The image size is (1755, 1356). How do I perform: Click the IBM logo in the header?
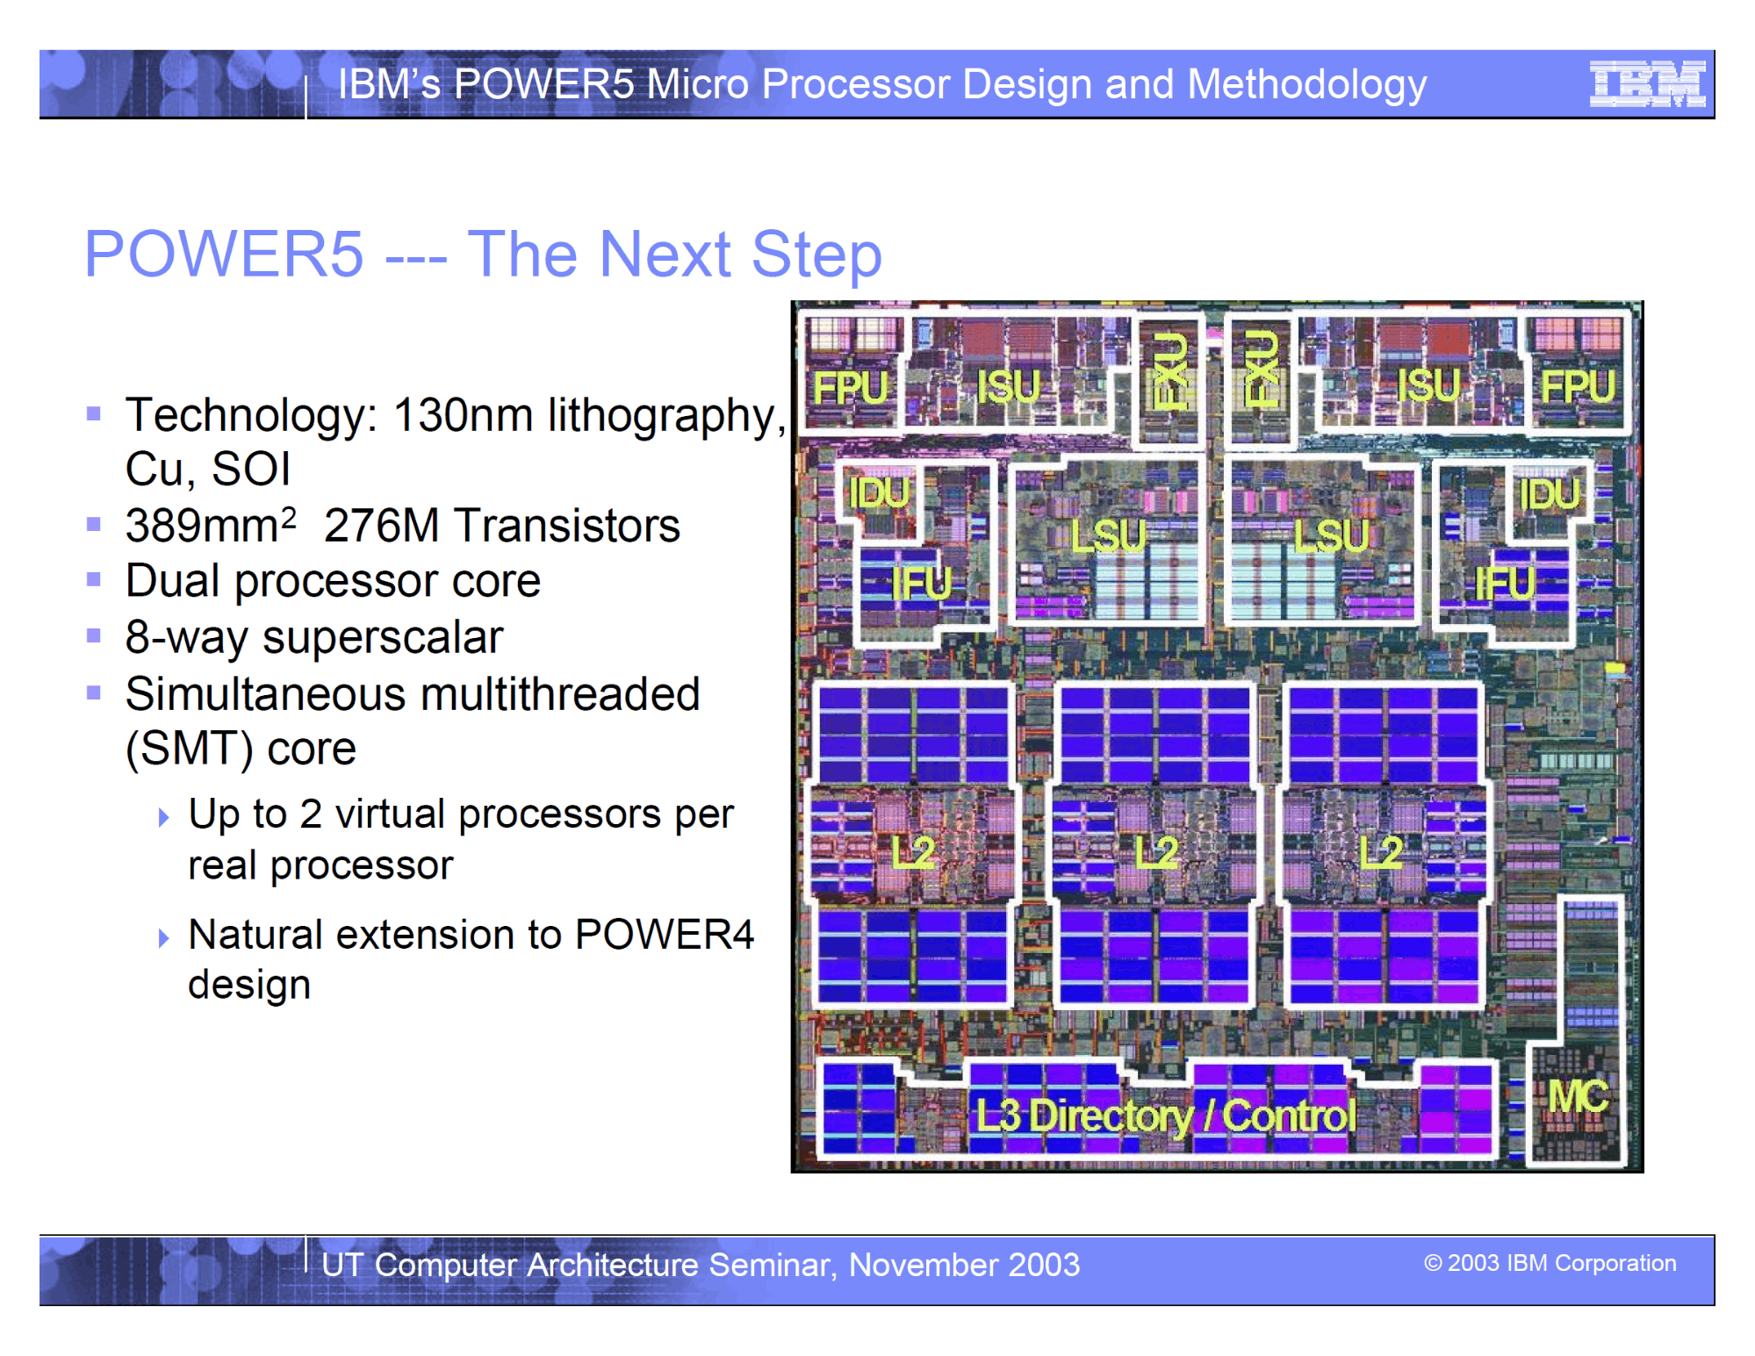pos(1647,84)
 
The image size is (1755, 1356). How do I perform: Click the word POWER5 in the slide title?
pos(224,255)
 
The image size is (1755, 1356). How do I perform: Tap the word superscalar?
pos(383,638)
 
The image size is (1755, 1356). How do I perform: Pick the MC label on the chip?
pos(1578,1096)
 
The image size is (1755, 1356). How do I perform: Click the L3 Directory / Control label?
pos(1166,1116)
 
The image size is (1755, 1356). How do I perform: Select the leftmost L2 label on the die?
pos(913,852)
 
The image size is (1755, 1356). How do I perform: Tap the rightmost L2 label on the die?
pos(1381,851)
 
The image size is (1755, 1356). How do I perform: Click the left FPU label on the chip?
pos(851,387)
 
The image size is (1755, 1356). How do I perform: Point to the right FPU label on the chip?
pos(1578,385)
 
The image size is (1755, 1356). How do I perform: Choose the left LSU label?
pos(1109,535)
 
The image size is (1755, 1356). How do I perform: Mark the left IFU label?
pos(921,583)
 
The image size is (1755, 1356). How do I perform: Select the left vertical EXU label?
pos(1169,369)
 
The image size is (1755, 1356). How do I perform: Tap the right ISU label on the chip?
pos(1428,385)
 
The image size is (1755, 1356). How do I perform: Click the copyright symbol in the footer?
pos(1432,1263)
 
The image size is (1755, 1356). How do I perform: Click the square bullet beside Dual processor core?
pos(94,579)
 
